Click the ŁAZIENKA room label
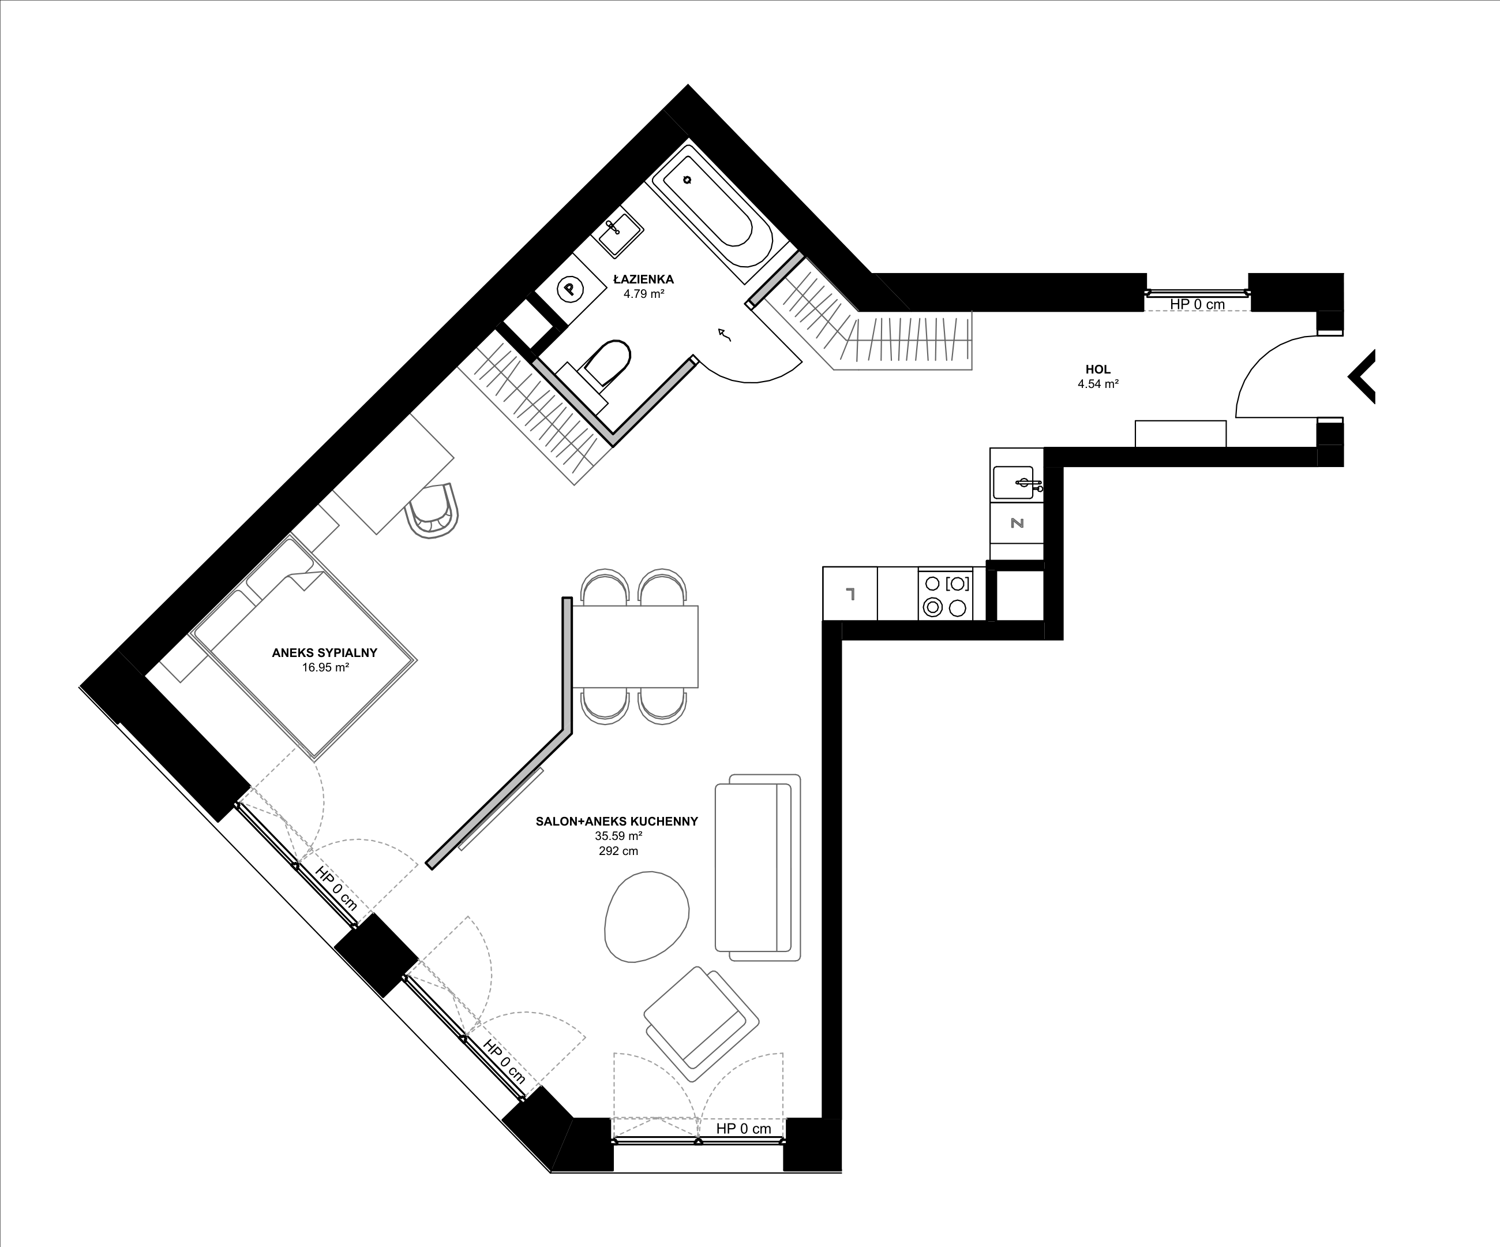(x=644, y=279)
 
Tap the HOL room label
(x=1098, y=369)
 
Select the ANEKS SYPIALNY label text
(x=324, y=652)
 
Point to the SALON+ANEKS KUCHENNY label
(x=616, y=822)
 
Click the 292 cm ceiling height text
(x=618, y=851)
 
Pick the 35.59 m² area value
(x=618, y=836)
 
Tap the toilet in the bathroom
(x=603, y=364)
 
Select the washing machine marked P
(x=570, y=289)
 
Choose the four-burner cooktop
(x=946, y=595)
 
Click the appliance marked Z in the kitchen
(x=1017, y=523)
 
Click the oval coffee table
(x=646, y=917)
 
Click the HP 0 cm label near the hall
(x=1197, y=304)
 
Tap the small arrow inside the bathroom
(x=725, y=334)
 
